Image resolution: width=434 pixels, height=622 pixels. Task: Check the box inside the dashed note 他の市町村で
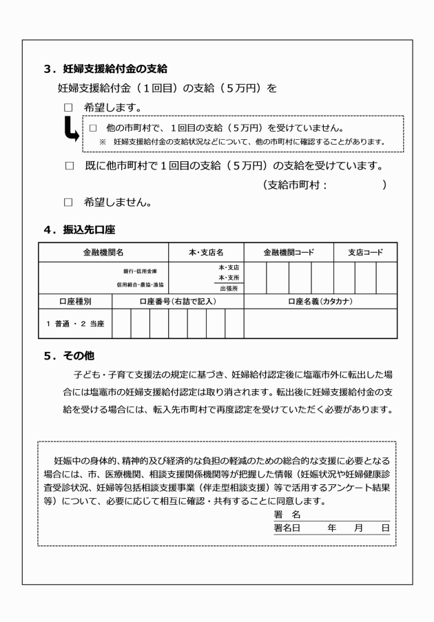click(x=92, y=128)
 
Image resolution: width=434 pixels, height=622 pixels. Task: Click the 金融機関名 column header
click(x=104, y=253)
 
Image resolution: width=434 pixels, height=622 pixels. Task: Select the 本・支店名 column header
click(x=206, y=253)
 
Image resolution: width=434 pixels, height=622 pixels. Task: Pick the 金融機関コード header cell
click(x=289, y=253)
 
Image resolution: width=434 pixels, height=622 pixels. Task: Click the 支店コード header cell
click(x=365, y=253)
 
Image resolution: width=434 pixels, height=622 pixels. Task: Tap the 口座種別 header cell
click(x=74, y=301)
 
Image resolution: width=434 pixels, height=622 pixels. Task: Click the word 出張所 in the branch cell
click(x=228, y=289)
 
